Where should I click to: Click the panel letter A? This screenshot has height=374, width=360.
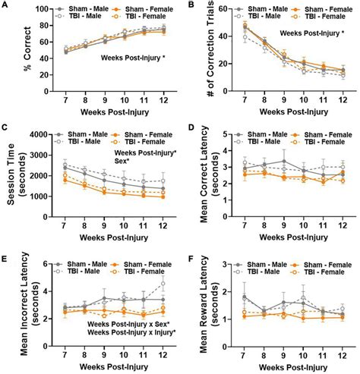click(x=6, y=6)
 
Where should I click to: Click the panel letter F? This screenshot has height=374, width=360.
click(x=187, y=257)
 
